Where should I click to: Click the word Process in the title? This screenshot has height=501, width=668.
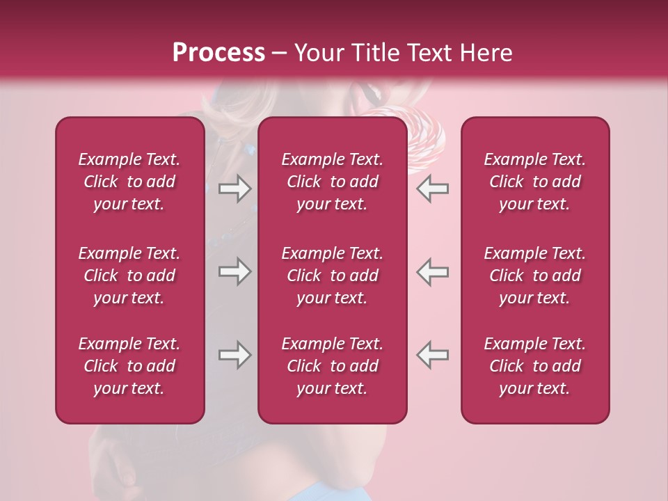coord(218,53)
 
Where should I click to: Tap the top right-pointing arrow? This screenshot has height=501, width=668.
coord(234,189)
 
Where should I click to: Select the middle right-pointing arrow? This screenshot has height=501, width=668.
coord(234,271)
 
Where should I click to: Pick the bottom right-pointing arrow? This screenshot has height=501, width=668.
coord(234,355)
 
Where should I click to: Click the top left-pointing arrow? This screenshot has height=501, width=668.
coord(433,189)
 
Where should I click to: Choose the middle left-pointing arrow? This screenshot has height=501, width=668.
coord(433,271)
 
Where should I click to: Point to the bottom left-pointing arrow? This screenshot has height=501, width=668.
coord(433,355)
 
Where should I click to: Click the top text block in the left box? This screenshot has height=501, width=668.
coord(129,182)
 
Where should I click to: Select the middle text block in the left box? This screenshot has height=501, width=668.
coord(129,276)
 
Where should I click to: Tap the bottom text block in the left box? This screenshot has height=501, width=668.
coord(129,366)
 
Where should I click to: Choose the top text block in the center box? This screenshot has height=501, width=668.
coord(332,182)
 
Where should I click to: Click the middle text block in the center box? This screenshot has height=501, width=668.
coord(332,276)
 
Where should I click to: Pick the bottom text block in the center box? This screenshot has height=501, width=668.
coord(332,366)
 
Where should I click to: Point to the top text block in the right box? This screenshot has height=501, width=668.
coord(534,182)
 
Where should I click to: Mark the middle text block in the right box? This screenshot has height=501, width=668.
coord(534,276)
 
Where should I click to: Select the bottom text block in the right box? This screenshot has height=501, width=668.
coord(534,366)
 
